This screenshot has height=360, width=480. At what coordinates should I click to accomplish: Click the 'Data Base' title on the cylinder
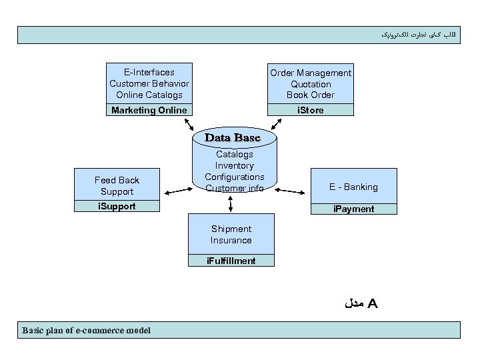pos(232,137)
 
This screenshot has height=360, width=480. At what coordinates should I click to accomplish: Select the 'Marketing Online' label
pos(149,110)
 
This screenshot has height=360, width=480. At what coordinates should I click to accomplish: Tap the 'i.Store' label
pos(310,110)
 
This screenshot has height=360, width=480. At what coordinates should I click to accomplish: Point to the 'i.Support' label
pos(117,206)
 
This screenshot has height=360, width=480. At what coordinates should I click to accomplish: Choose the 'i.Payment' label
pos(353,209)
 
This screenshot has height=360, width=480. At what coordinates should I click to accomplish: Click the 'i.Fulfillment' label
pos(231,261)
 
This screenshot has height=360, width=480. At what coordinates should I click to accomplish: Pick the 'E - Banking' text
pos(353,187)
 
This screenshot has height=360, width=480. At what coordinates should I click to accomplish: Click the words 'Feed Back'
pos(117,180)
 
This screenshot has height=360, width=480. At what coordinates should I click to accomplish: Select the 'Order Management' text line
pos(311,73)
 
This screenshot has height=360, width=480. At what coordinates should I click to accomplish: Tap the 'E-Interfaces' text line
pos(149,72)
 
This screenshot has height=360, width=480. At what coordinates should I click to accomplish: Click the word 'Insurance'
pos(231,240)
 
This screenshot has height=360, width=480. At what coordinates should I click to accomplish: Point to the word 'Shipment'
pos(231,229)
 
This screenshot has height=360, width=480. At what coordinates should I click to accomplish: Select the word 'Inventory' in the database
pos(234,165)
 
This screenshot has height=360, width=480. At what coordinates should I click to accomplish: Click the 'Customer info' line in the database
pos(234,188)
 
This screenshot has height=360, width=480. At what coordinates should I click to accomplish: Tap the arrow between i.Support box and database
pos(177,191)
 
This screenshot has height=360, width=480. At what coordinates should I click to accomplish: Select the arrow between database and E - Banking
pos(291,191)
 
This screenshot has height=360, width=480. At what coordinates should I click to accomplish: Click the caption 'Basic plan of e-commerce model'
pos(87,330)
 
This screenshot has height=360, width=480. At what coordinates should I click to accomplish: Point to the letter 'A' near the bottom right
pos(373,304)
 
